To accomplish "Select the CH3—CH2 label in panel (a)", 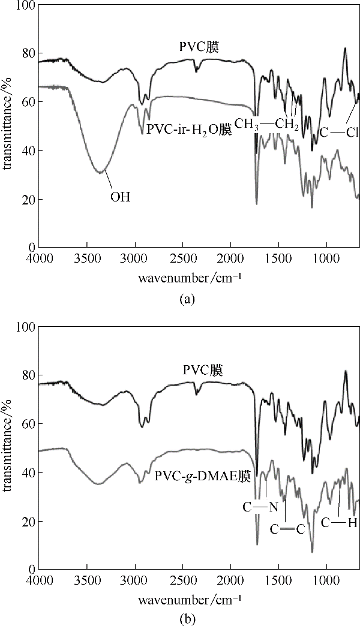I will tap(266, 124).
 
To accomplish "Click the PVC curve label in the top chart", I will tap(200, 46).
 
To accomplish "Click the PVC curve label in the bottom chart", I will tap(203, 370).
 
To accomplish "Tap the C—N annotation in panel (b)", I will tap(260, 508).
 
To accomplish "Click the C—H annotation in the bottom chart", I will tap(339, 523).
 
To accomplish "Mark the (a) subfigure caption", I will tap(187, 299).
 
